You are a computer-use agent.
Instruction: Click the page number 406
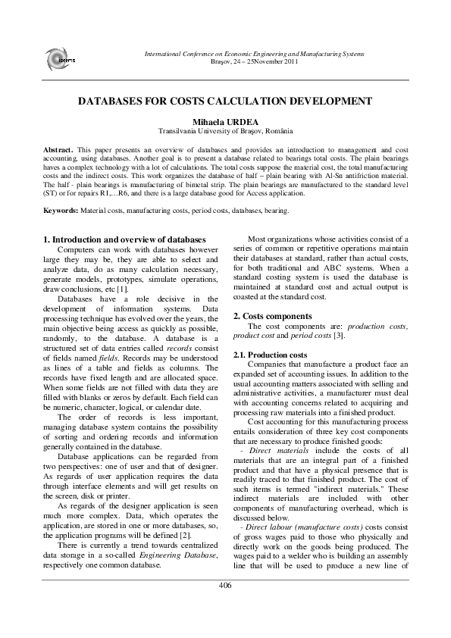pyautogui.click(x=225, y=585)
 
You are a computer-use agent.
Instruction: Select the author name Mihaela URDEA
pyautogui.click(x=225, y=120)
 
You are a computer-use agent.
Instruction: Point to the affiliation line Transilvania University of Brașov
pyautogui.click(x=225, y=130)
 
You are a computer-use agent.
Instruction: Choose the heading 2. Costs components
pyautogui.click(x=271, y=315)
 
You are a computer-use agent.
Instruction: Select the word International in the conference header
pyautogui.click(x=163, y=54)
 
